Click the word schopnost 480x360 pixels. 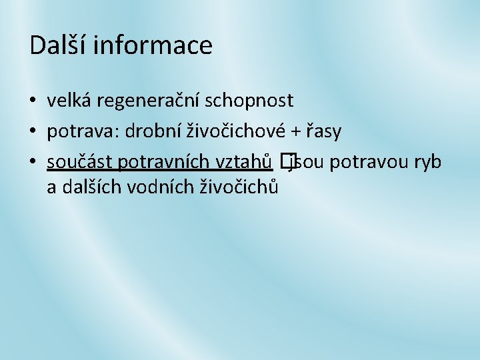click(x=249, y=101)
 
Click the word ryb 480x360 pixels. click(x=426, y=162)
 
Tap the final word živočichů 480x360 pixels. click(x=239, y=187)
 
